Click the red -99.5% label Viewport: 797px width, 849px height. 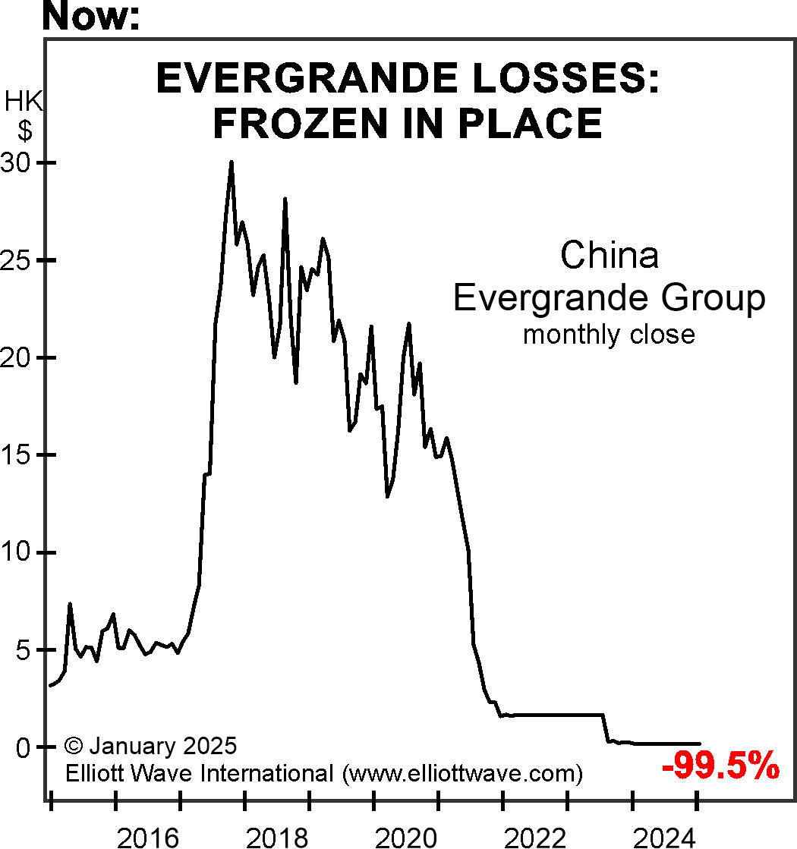point(720,767)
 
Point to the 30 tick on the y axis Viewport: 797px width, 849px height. point(20,163)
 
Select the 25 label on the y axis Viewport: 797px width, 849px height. point(20,260)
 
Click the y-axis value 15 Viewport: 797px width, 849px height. point(20,455)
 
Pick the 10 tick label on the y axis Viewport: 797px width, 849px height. point(20,552)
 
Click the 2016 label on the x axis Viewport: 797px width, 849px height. point(148,838)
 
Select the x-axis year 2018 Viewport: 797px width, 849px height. point(277,838)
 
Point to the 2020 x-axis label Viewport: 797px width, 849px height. point(406,838)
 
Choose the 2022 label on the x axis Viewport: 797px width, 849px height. point(535,838)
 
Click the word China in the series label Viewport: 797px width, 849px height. point(610,256)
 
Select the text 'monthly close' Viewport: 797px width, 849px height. point(609,334)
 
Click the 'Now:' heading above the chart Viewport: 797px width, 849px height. point(91,17)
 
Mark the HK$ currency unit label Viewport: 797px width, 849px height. point(24,116)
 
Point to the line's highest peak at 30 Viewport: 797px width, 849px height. point(232,162)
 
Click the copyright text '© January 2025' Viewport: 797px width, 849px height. point(151,745)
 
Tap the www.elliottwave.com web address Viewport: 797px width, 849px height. point(462,774)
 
